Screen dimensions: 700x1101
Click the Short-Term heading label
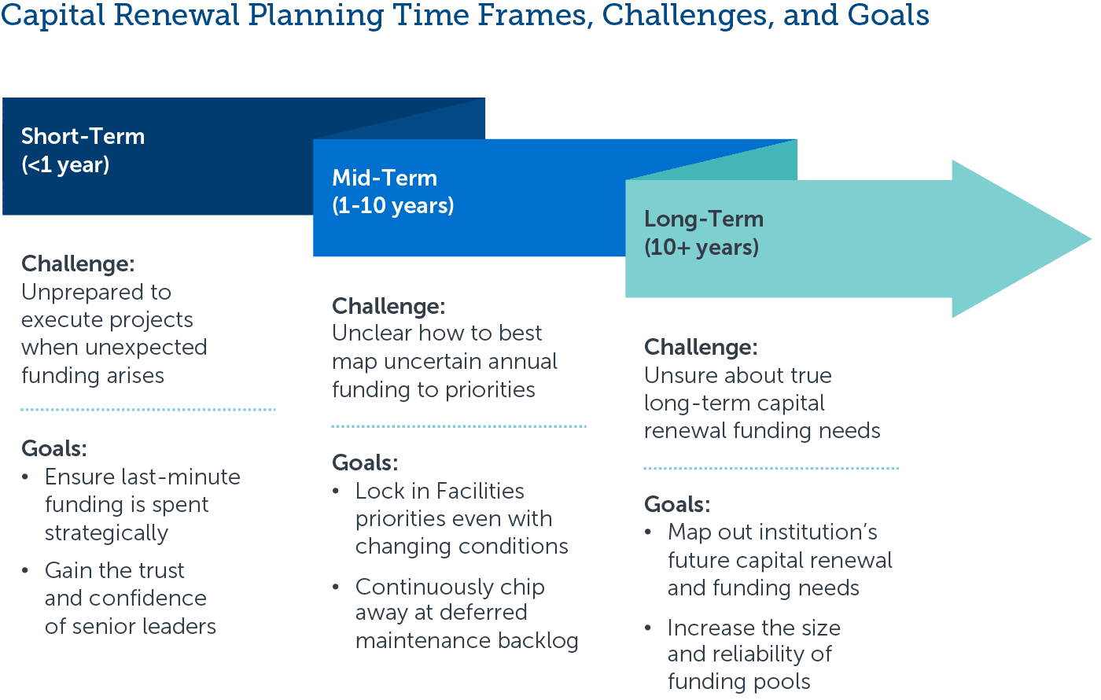83,136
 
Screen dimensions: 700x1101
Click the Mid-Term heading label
385,178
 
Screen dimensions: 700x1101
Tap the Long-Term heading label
704,219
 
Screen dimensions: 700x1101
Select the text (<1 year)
65,164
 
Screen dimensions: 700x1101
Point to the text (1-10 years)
393,205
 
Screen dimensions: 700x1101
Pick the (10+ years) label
701,247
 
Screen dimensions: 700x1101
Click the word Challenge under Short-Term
75,263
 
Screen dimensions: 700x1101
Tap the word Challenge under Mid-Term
386,305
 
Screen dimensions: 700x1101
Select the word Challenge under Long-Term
698,347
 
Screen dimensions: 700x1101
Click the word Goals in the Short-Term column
51,448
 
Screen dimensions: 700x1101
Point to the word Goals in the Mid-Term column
363,462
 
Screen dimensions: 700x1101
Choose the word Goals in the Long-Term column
674,503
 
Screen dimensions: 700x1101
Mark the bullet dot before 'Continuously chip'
337,588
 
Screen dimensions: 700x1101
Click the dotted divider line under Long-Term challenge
771,468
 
